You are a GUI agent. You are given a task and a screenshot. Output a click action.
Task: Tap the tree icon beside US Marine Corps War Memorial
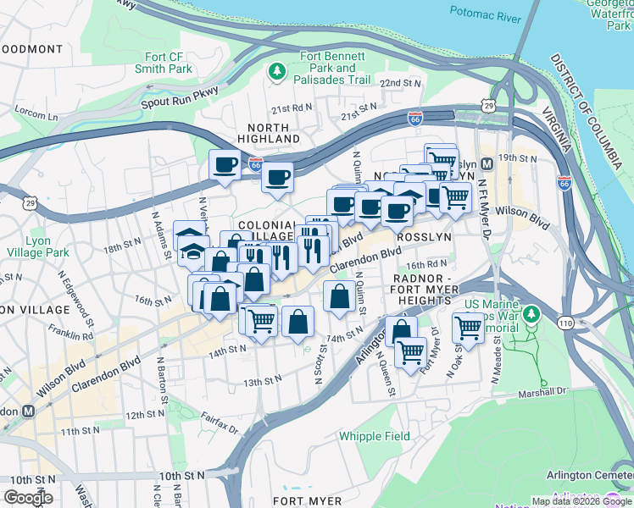tap(531, 315)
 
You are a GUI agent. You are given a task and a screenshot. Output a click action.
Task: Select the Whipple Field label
tap(375, 437)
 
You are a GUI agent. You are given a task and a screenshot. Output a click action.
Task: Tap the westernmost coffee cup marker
tap(225, 164)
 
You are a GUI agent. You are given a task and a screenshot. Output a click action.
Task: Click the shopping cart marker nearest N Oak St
tap(468, 327)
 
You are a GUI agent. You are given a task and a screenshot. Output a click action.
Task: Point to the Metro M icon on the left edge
tap(28, 411)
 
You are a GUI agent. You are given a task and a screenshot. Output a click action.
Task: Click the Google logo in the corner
tap(28, 497)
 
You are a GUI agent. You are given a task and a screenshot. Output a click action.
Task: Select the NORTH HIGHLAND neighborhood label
tap(268, 132)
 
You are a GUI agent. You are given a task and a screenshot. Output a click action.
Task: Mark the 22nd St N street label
tap(400, 84)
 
